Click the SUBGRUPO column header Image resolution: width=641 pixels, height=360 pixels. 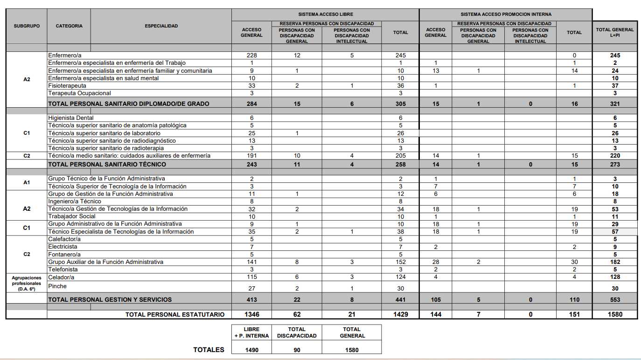tap(27, 26)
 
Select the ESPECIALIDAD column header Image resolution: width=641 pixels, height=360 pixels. tap(161, 26)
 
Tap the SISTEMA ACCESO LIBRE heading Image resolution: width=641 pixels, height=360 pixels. tap(325, 14)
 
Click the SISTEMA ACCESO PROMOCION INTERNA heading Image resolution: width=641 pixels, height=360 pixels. tap(506, 14)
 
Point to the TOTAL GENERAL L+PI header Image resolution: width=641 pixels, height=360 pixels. tap(615, 32)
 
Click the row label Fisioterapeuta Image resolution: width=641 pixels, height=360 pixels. tap(67, 86)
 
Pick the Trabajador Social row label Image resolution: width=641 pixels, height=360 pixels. tap(72, 216)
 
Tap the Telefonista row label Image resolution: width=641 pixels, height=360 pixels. tap(63, 270)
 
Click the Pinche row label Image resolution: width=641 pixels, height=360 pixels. tap(57, 286)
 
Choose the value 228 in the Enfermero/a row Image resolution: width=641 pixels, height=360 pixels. tap(251, 55)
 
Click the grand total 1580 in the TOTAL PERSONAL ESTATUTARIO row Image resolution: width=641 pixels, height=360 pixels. tap(615, 314)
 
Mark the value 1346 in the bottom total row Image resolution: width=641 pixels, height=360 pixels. tap(251, 314)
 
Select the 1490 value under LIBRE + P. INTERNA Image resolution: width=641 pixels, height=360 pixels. tap(251, 350)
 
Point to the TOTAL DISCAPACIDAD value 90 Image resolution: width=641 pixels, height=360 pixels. tap(297, 350)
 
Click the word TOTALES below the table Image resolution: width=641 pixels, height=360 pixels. tap(209, 350)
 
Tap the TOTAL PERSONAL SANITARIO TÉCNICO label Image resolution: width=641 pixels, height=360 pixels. tap(107, 164)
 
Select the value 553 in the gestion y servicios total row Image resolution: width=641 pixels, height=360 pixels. tap(615, 300)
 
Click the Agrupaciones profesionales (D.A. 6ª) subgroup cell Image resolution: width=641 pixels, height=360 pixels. tap(27, 283)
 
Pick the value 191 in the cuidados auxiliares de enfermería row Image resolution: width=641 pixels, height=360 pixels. tap(251, 156)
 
